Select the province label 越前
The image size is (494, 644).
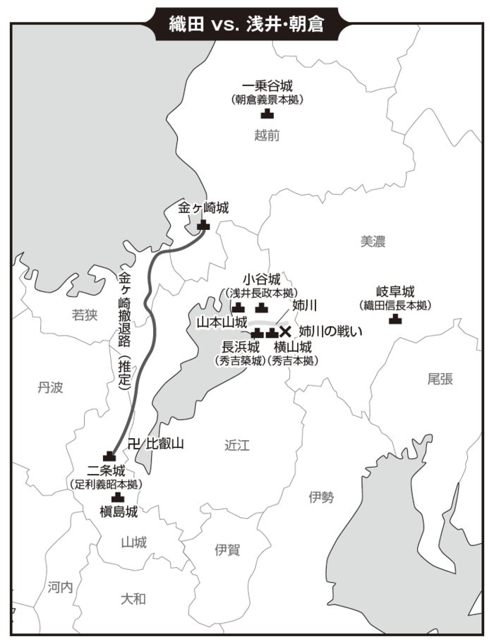[x=267, y=135]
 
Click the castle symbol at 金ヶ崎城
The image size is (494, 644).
[x=204, y=224]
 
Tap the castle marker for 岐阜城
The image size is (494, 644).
[x=395, y=319]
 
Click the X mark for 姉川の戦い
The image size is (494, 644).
[x=286, y=331]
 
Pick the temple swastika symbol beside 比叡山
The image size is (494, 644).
[x=135, y=444]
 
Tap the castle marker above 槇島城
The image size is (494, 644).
[x=118, y=497]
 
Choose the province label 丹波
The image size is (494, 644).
[x=50, y=387]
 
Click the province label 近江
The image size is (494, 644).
[x=237, y=445]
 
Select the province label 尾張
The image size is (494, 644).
[x=440, y=379]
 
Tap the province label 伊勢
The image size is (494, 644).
[x=321, y=497]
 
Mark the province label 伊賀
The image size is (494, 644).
[x=227, y=550]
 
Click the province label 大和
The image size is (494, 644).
[x=133, y=599]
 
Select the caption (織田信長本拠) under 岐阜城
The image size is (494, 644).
[x=395, y=305]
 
